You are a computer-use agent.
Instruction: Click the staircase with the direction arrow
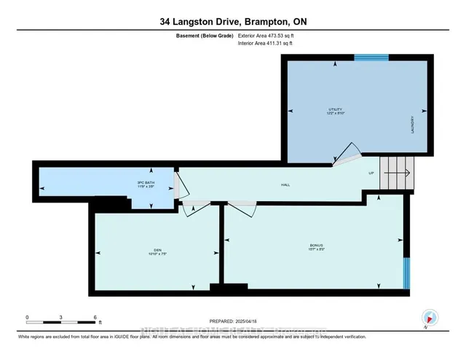[398, 173]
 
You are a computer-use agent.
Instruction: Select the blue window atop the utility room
[366, 57]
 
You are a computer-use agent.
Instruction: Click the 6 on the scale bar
[95, 317]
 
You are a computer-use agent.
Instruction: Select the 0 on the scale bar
[27, 317]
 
